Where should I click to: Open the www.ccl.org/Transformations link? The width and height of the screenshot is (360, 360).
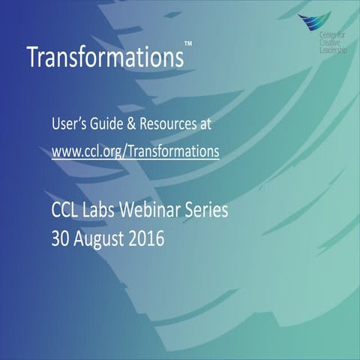point(135,151)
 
